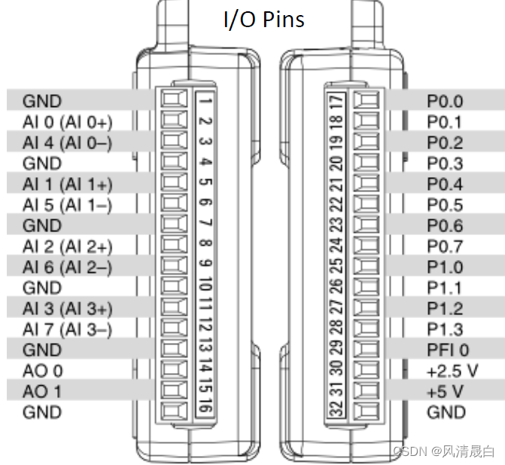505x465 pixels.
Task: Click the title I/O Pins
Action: (263, 19)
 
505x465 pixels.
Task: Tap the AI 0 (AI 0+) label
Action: (67, 121)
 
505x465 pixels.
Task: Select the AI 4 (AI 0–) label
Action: (67, 142)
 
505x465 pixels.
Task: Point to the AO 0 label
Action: (43, 371)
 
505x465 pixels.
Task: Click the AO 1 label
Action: (43, 391)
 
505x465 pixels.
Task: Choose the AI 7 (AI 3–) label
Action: (67, 329)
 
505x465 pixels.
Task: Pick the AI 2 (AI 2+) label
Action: (67, 246)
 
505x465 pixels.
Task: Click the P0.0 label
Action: (445, 101)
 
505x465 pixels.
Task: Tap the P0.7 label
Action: (445, 246)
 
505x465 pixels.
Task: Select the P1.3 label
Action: (445, 329)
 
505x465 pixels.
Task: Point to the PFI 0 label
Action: (448, 350)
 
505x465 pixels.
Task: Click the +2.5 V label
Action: (452, 371)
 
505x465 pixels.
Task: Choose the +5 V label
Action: (446, 391)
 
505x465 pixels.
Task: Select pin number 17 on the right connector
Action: (336, 101)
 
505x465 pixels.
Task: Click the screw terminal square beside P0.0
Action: (366, 100)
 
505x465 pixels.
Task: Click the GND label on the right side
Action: (446, 412)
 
